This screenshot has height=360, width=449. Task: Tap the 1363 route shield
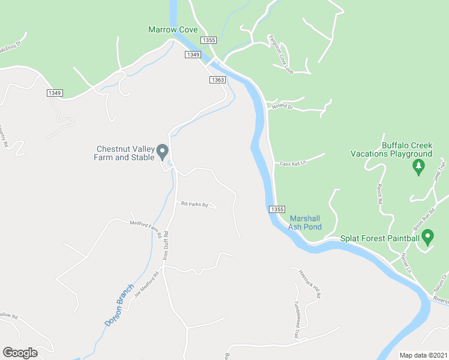[x=217, y=80]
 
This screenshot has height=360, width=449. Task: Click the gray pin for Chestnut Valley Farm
[x=163, y=152]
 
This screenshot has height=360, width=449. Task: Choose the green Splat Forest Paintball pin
[x=427, y=238]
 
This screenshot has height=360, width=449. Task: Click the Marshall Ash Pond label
[x=305, y=223]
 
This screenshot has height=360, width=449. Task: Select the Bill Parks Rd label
[x=194, y=205]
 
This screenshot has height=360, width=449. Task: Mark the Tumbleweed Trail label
[x=297, y=319]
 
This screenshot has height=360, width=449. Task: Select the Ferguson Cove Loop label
[x=280, y=53]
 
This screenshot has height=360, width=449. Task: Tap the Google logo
[x=20, y=353]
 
